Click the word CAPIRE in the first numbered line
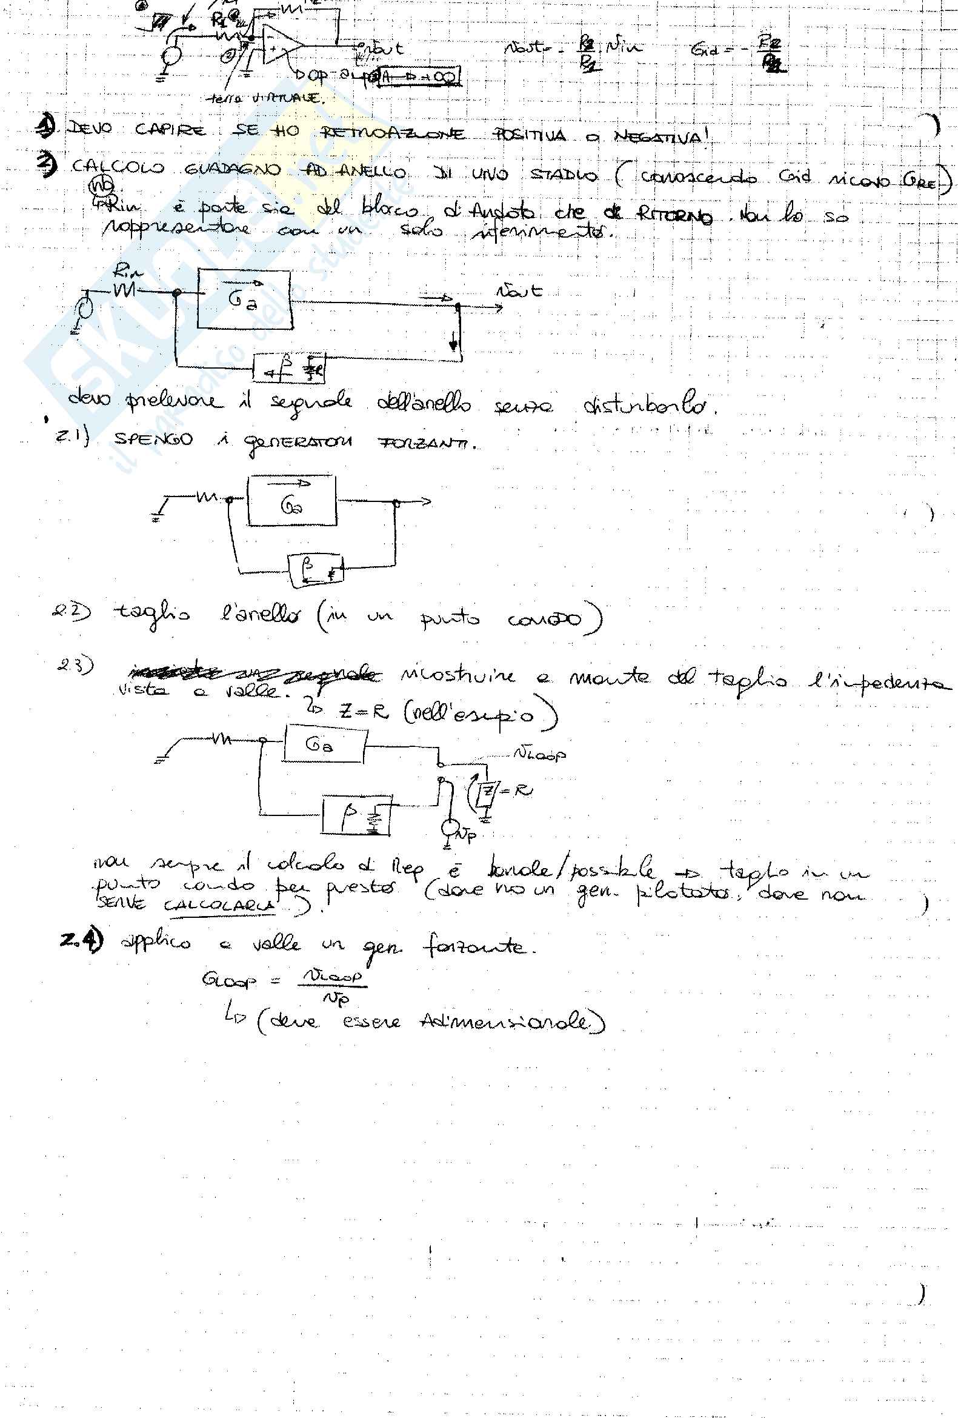pyautogui.click(x=170, y=130)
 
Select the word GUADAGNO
pyautogui.click(x=232, y=170)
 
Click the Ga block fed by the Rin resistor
pyautogui.click(x=244, y=299)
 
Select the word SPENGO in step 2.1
pyautogui.click(x=153, y=440)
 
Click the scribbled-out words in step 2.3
pyautogui.click(x=253, y=674)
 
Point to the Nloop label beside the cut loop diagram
pyautogui.click(x=539, y=754)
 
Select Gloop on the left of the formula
pyautogui.click(x=228, y=980)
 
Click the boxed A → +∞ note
pyautogui.click(x=419, y=76)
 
